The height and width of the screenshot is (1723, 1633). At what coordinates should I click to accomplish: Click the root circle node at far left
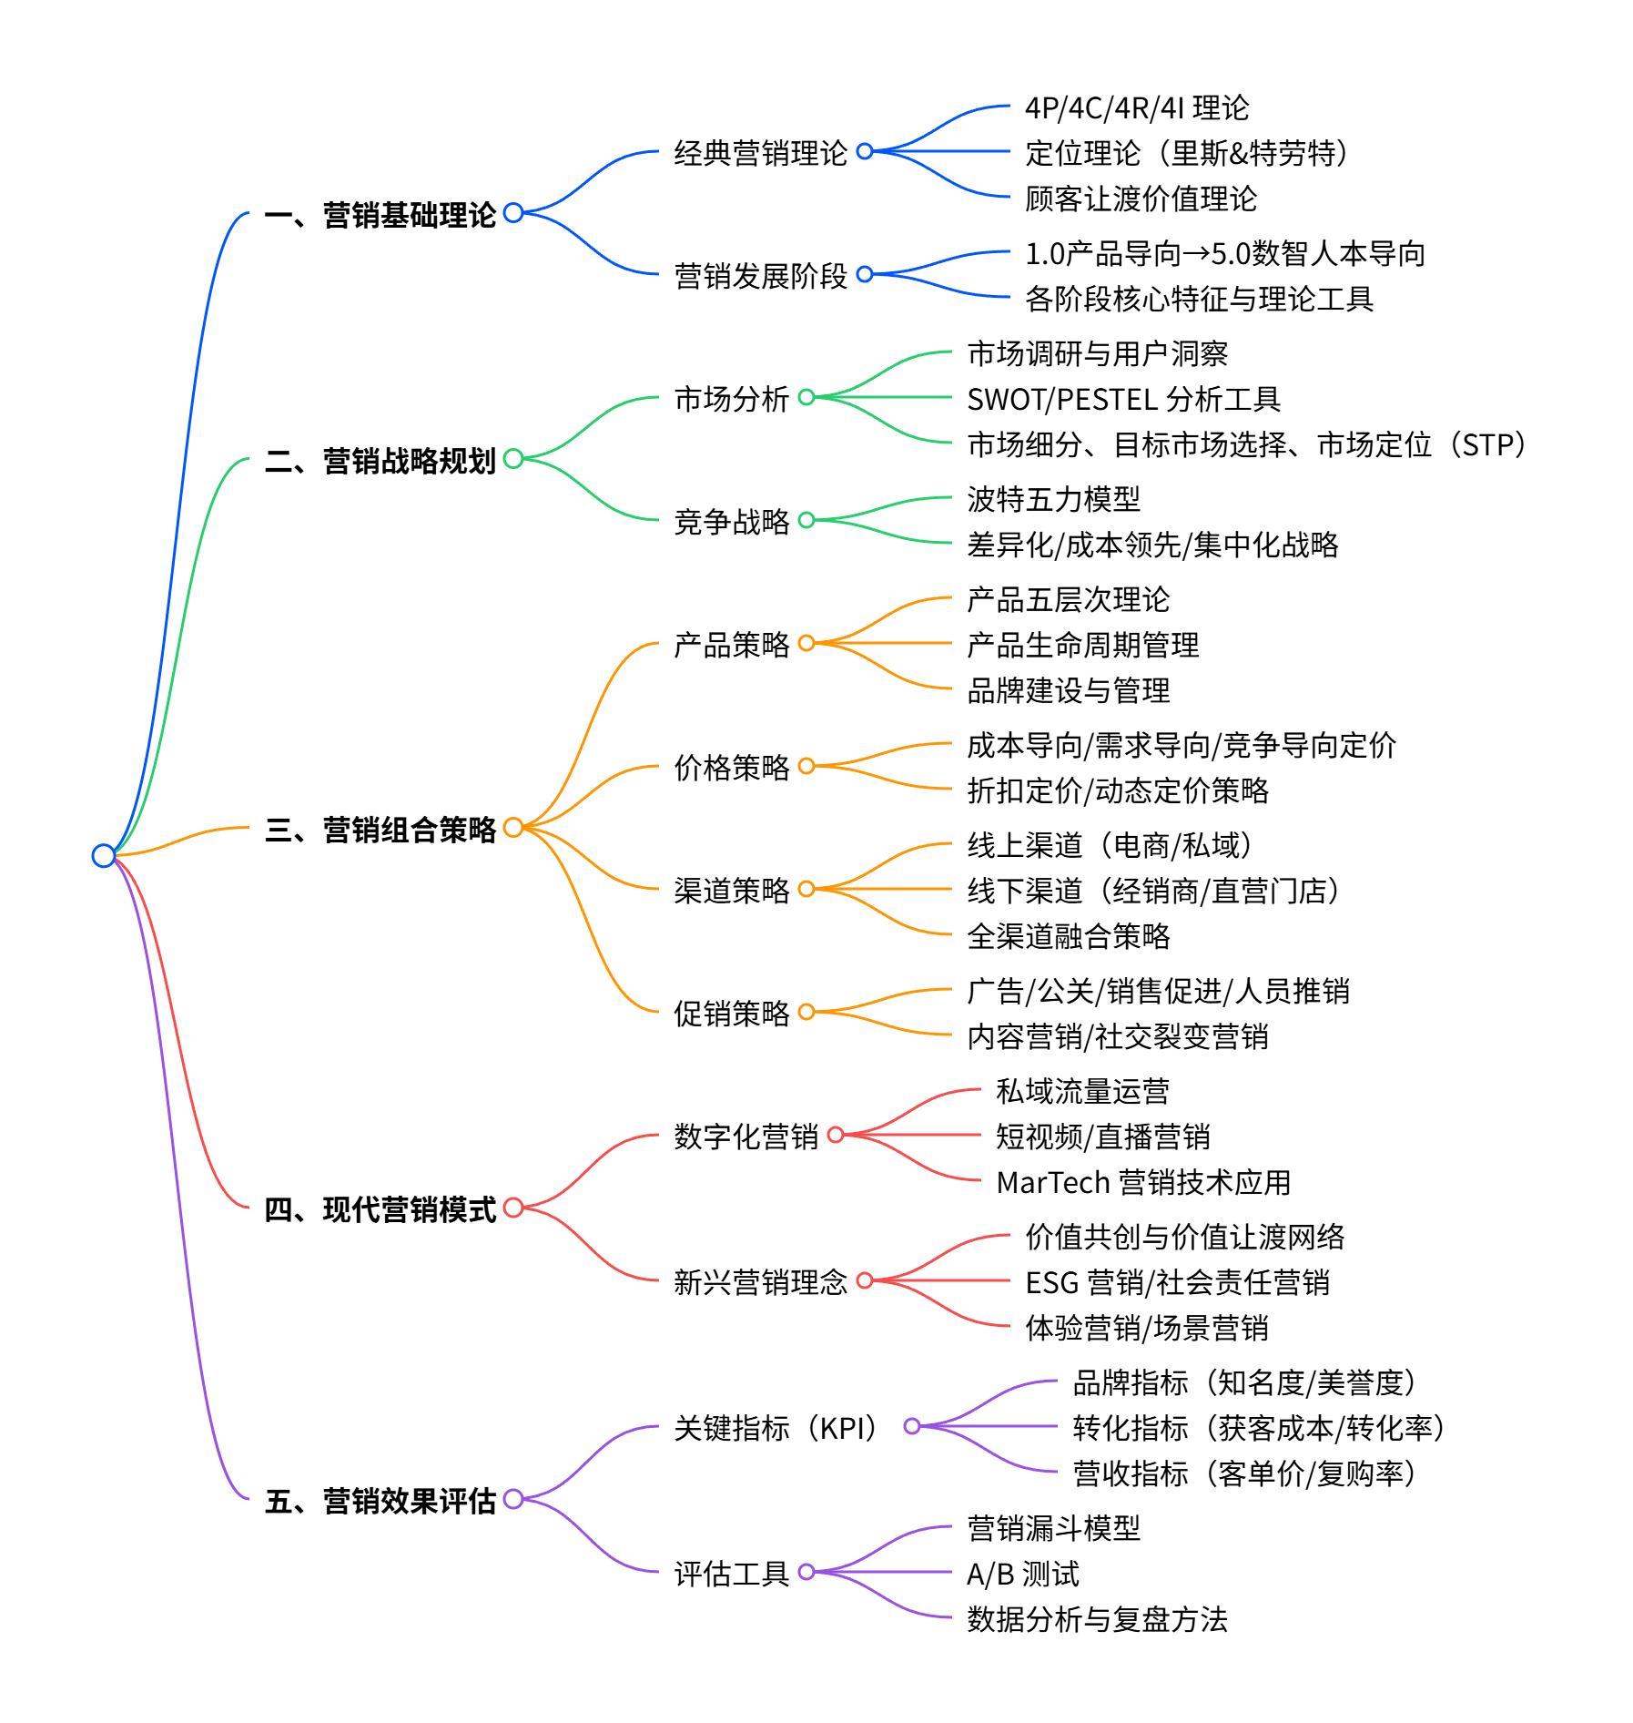[x=104, y=855]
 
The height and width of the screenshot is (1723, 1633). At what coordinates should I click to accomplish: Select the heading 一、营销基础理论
[x=380, y=215]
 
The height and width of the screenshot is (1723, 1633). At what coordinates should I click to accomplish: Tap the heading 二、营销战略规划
[x=380, y=461]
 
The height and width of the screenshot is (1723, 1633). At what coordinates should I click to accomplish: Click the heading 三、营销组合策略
[x=380, y=830]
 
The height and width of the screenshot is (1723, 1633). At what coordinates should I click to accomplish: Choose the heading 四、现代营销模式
[x=380, y=1209]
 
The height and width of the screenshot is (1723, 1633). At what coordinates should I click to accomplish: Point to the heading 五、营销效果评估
[x=380, y=1501]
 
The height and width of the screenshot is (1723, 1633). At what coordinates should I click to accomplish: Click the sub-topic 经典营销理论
[x=760, y=153]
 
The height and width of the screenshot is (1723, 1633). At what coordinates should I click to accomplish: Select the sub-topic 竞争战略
[x=731, y=522]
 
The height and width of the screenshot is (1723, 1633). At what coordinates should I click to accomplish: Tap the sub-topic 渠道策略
[x=731, y=891]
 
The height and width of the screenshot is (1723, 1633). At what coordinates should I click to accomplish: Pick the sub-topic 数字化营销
[x=745, y=1137]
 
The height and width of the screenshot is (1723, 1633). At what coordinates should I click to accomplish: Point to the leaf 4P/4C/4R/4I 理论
[x=1137, y=107]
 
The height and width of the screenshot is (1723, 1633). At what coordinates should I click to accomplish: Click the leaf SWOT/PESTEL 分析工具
[x=1123, y=399]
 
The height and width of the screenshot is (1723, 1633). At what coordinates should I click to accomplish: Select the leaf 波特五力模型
[x=1053, y=499]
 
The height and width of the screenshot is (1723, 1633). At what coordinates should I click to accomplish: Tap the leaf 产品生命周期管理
[x=1082, y=645]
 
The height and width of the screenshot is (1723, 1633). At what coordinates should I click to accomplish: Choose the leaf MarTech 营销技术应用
[x=1143, y=1182]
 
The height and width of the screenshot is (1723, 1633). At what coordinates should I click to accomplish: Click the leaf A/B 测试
[x=1022, y=1574]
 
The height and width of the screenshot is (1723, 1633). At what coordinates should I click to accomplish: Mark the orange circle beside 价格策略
[x=806, y=766]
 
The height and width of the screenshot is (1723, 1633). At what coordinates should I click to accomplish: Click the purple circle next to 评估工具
[x=806, y=1572]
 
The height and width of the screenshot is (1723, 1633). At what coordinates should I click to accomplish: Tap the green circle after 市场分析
[x=806, y=397]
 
